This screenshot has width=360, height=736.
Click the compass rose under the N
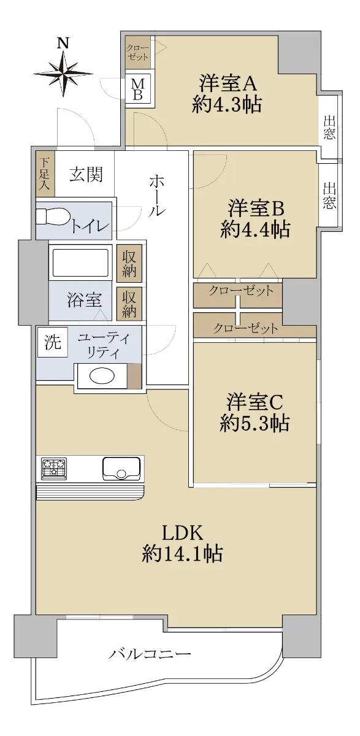pyautogui.click(x=63, y=74)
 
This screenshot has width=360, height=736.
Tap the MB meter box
pyautogui.click(x=138, y=89)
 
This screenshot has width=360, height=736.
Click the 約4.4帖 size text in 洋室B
pyautogui.click(x=255, y=229)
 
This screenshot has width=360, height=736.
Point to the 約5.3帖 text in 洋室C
pyautogui.click(x=255, y=423)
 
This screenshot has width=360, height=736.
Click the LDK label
pyautogui.click(x=183, y=533)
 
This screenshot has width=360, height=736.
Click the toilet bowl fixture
pyautogui.click(x=53, y=217)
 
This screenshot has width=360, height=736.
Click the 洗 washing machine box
pyautogui.click(x=53, y=342)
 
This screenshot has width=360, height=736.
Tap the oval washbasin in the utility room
pyautogui.click(x=102, y=376)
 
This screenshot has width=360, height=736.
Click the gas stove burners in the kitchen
pyautogui.click(x=54, y=468)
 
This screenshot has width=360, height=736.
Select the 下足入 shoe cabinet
pyautogui.click(x=45, y=174)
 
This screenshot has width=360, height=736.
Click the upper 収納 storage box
pyautogui.click(x=129, y=264)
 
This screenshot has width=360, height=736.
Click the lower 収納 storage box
pyautogui.click(x=129, y=304)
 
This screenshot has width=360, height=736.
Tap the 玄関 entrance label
pyautogui.click(x=86, y=174)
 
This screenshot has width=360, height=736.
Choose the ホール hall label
pyautogui.click(x=156, y=196)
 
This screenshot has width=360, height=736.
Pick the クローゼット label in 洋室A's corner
pyautogui.click(x=138, y=53)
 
